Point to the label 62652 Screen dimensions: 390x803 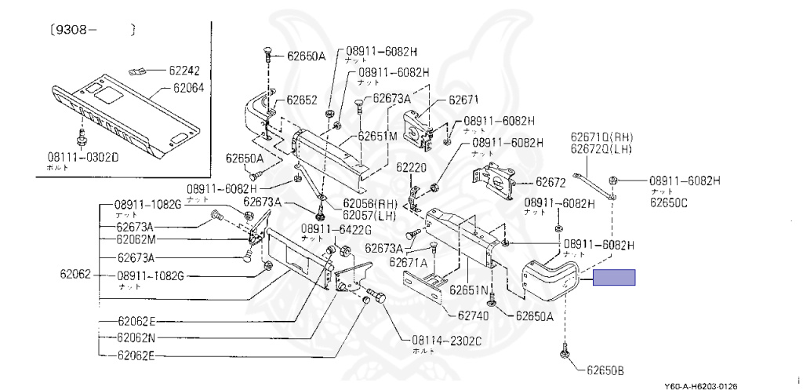pos(301,100)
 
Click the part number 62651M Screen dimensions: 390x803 pos(377,136)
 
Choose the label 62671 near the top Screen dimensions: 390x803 pos(463,100)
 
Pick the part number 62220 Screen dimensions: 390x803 pos(411,167)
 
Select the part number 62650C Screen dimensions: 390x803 pos(668,202)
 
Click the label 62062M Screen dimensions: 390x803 pos(136,239)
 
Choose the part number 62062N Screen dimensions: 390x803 pos(136,338)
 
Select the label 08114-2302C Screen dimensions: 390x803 pos(446,341)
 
